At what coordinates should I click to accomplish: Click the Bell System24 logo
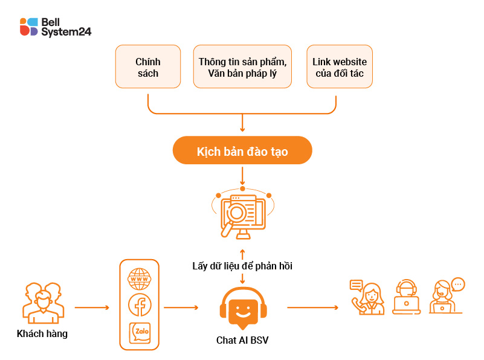[55, 27]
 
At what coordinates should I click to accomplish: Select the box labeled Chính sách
[147, 66]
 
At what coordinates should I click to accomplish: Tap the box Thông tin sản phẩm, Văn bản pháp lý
[242, 66]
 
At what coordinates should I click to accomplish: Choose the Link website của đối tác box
[339, 66]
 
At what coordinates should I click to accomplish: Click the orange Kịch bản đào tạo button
[242, 151]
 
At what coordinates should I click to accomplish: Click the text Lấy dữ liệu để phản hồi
[242, 266]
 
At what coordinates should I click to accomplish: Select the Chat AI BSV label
[242, 340]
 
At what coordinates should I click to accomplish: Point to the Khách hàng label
[42, 333]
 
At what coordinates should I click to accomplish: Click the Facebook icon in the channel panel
[140, 305]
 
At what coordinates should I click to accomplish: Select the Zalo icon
[140, 332]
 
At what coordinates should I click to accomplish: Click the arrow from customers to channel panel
[92, 308]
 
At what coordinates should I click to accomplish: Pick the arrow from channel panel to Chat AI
[181, 308]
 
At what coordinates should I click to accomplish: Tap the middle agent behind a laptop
[406, 297]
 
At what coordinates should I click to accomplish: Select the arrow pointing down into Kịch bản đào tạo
[242, 123]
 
